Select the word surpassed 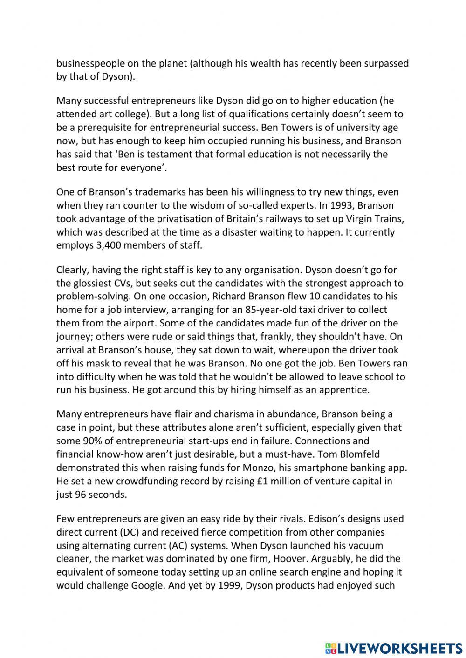(x=386, y=63)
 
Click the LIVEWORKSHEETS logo (x=393, y=648)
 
